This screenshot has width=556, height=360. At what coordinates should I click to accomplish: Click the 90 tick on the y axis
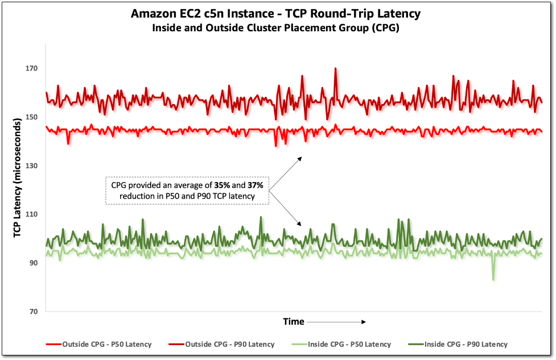tap(32, 263)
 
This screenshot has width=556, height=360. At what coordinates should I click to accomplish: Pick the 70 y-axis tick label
tap(32, 312)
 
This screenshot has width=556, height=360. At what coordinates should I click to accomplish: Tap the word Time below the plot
tap(293, 322)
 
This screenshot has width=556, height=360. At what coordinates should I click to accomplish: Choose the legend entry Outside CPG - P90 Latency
tap(222, 344)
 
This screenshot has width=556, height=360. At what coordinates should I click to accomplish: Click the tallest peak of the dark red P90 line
tap(336, 68)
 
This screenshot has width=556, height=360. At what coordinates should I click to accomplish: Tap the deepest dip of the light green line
tap(493, 279)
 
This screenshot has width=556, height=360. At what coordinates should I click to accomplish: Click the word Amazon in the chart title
tap(150, 13)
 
